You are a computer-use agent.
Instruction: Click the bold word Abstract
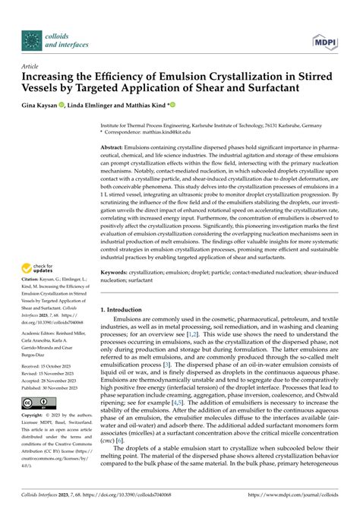115,147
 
